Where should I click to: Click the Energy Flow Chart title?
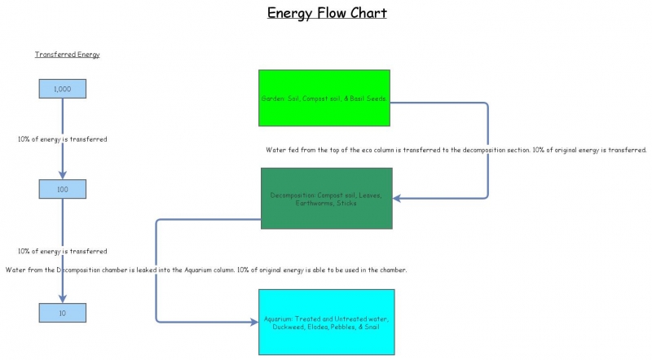pos(327,13)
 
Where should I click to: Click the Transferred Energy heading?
pos(67,55)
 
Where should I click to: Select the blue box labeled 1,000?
pos(63,89)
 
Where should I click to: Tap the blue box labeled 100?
pos(63,189)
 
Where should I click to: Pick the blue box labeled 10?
pos(63,312)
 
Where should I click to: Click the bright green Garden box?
pos(324,99)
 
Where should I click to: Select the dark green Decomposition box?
pos(326,198)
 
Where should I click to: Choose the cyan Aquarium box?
pos(326,322)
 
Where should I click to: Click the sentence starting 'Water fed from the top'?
pos(456,150)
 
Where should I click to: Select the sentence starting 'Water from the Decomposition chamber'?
pos(205,270)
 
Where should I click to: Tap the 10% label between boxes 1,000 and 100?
pos(63,139)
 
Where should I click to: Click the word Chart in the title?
pos(364,13)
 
